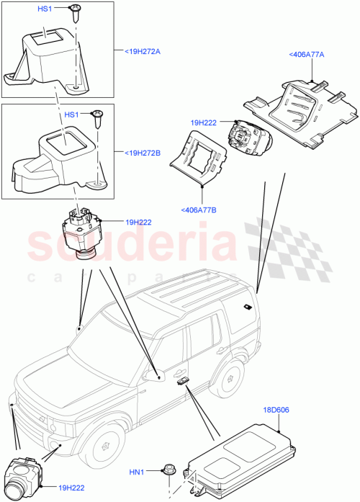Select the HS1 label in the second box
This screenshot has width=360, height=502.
(71, 115)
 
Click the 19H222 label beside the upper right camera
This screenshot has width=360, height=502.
(204, 123)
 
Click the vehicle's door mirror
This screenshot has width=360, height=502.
(152, 375)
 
